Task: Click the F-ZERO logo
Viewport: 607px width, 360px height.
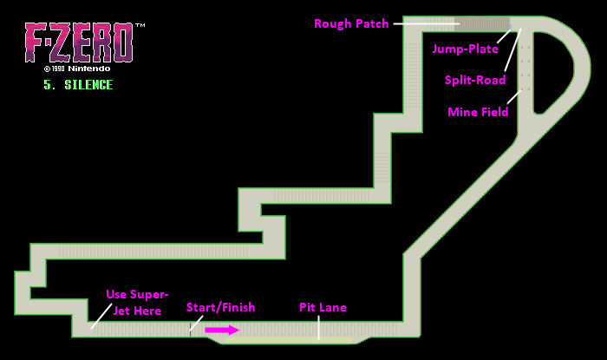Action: tap(78, 42)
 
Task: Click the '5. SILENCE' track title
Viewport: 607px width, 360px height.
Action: tap(78, 85)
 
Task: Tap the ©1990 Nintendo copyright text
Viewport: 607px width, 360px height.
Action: tap(78, 67)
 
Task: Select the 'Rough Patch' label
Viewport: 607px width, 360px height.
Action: tap(351, 23)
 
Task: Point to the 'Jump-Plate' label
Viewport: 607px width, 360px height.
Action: tap(466, 49)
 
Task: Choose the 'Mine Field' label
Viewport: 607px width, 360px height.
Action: tap(477, 112)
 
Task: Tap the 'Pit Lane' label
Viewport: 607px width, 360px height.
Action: tap(323, 307)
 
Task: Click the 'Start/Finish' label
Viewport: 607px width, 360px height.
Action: tap(220, 307)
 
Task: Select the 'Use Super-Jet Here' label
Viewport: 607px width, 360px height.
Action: tap(137, 302)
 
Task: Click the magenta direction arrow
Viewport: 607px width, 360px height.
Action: tap(222, 330)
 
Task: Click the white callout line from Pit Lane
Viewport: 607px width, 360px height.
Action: tap(318, 326)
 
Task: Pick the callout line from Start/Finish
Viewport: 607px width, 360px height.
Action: tap(197, 322)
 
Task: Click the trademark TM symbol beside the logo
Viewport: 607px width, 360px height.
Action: tap(140, 27)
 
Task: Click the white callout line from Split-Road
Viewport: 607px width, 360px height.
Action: tap(513, 52)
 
